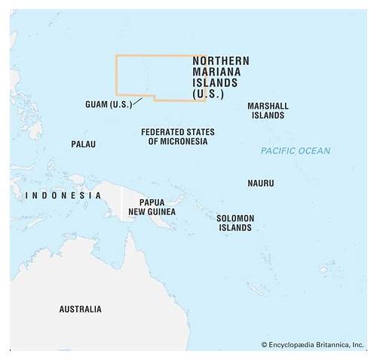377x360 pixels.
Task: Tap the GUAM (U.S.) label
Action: tap(109, 104)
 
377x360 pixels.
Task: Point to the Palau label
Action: tap(83, 143)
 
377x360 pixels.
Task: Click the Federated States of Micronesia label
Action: tap(177, 137)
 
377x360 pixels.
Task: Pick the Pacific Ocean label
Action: tap(296, 151)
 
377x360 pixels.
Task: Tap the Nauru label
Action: tap(260, 183)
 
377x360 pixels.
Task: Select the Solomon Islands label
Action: tap(235, 223)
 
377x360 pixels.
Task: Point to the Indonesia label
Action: tap(64, 195)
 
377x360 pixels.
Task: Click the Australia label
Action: tap(80, 309)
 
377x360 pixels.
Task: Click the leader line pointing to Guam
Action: tap(137, 101)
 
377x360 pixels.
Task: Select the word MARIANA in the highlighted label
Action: tap(212, 72)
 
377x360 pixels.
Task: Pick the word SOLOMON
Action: tap(235, 218)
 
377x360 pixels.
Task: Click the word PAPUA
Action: tap(152, 202)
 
